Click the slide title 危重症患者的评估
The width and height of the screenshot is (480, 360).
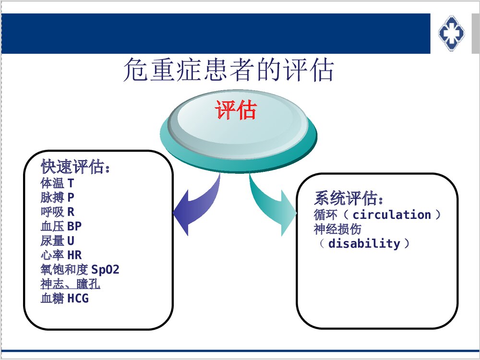click(x=228, y=71)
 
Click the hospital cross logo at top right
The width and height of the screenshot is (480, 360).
click(x=451, y=33)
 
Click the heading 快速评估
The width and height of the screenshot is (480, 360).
click(x=76, y=168)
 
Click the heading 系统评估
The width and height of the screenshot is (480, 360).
click(x=349, y=198)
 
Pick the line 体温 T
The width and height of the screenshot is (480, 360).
click(x=57, y=183)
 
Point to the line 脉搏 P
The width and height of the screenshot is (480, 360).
click(x=57, y=197)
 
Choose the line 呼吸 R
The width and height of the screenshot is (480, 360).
click(x=57, y=212)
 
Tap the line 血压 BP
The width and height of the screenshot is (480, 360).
click(x=61, y=226)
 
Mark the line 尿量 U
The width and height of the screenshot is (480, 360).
click(x=57, y=240)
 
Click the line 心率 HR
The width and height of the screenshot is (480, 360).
click(x=61, y=255)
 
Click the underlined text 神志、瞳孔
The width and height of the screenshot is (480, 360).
click(x=70, y=284)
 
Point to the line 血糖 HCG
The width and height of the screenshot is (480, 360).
click(x=64, y=298)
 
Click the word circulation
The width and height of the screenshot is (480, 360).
click(x=392, y=215)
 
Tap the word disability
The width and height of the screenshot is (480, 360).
click(x=364, y=243)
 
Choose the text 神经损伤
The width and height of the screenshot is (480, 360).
click(x=337, y=229)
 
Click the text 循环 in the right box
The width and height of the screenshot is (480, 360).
click(x=325, y=215)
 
